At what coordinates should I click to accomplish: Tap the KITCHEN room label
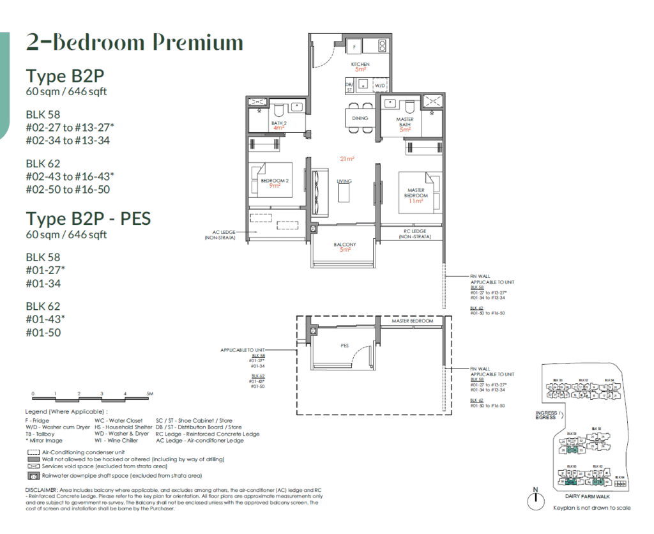[x=360, y=65]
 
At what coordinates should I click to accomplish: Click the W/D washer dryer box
[x=379, y=84]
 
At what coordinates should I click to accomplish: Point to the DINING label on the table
[x=360, y=118]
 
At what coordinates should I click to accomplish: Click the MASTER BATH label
[x=405, y=122]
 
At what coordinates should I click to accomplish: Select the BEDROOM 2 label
[x=275, y=181]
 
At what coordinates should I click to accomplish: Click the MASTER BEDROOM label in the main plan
[x=416, y=192]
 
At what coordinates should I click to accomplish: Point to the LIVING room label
[x=344, y=181]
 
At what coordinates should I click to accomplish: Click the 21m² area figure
[x=347, y=158]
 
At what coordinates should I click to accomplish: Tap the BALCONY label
[x=345, y=245]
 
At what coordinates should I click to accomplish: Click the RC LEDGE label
[x=415, y=231]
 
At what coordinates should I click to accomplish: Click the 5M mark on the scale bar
[x=149, y=394]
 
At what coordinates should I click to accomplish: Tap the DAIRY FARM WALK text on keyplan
[x=585, y=495]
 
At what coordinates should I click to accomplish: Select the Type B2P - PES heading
[x=88, y=219]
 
